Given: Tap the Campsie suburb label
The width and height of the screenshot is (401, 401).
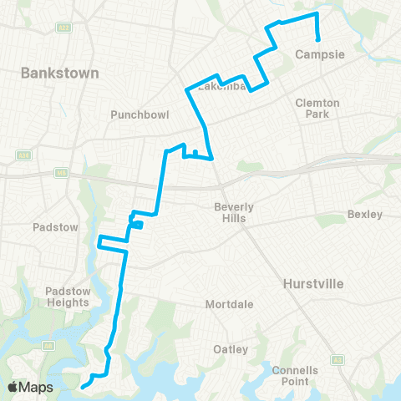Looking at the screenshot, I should pos(315,55).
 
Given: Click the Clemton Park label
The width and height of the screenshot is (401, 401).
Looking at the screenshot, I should pos(317,108).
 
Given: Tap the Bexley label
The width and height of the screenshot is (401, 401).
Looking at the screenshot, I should pos(365,215).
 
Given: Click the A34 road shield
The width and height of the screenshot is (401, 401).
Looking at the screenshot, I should pos(19,155).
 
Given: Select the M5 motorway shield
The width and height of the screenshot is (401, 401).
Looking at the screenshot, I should pos(61,173).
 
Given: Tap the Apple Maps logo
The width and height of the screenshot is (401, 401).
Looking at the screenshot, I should pos(31,387).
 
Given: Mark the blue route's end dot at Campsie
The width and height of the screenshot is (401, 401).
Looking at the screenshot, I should pos(318,39).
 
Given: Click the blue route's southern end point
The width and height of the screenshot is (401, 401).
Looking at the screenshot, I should pos(83,387).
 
